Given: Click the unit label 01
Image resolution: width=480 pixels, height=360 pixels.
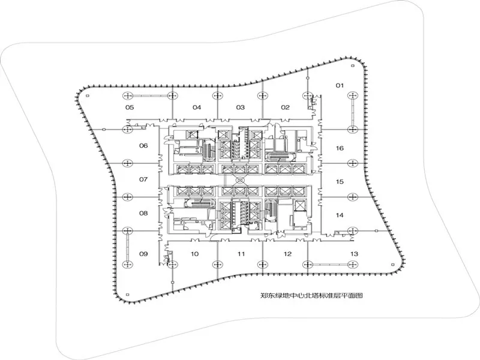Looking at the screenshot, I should (x=339, y=86).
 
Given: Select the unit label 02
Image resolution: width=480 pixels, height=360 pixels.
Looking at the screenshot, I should (x=286, y=107).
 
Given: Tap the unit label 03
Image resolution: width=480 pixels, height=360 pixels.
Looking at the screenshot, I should (x=241, y=107).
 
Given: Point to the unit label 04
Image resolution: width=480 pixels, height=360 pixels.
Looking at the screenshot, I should (x=196, y=107).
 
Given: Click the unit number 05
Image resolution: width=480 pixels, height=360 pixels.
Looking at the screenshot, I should (x=129, y=107).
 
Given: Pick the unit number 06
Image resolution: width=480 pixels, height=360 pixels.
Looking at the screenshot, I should (x=143, y=146).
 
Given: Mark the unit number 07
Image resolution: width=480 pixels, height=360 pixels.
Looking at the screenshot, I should (x=143, y=179).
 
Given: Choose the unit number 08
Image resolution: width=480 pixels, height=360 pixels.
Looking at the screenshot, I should (x=143, y=213).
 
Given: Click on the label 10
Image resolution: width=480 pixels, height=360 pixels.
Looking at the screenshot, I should (x=195, y=254).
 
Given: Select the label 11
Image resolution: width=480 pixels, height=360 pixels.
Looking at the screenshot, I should (x=241, y=254).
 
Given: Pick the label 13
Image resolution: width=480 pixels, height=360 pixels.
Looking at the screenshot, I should (x=354, y=254).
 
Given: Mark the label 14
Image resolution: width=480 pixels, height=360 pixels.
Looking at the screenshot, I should (x=339, y=215).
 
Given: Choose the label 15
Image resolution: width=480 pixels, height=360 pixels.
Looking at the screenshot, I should (x=339, y=181).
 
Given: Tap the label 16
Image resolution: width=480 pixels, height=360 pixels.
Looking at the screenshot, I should (x=339, y=148).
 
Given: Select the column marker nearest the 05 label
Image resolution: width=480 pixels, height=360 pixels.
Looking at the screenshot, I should (x=127, y=96).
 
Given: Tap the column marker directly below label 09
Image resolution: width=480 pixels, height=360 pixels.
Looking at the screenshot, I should (x=127, y=263).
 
